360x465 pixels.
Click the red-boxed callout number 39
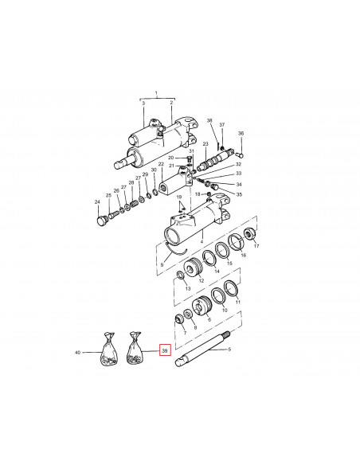tap(165, 350)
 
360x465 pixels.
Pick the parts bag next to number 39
tap(135, 352)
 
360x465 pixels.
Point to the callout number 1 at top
tap(158, 93)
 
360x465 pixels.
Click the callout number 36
tap(241, 133)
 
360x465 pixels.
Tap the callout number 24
tap(97, 202)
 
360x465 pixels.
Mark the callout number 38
tap(209, 121)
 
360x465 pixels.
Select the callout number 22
tap(162, 165)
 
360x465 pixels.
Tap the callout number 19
tap(179, 197)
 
